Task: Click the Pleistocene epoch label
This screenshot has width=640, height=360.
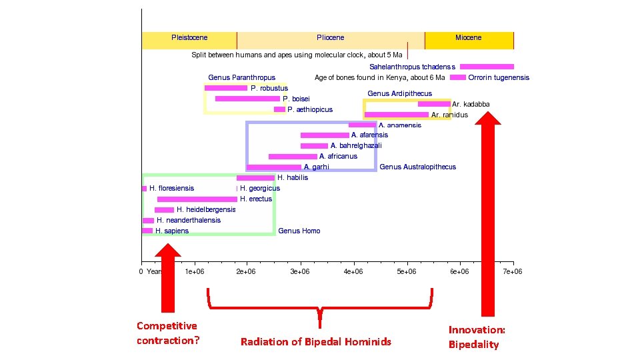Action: tap(189, 38)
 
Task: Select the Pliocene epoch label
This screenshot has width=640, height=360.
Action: tap(331, 38)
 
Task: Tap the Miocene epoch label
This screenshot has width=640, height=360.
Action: tap(468, 38)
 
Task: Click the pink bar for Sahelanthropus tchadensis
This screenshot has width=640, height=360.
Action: tap(487, 67)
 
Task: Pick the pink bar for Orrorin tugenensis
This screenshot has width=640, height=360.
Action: tap(457, 77)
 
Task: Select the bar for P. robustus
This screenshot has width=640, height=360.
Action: tap(225, 88)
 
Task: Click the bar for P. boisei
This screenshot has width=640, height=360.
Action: tap(247, 99)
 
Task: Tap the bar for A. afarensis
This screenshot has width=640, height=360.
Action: tap(324, 135)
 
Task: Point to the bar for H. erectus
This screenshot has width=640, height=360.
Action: tap(197, 199)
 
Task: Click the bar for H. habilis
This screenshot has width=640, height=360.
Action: tap(255, 178)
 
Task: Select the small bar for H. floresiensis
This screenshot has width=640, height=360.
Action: tap(144, 189)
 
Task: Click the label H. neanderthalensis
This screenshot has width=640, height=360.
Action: tap(189, 220)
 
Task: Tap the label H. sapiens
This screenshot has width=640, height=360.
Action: tap(172, 231)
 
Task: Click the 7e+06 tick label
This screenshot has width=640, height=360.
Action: tap(512, 271)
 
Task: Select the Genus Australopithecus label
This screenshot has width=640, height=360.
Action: tap(418, 167)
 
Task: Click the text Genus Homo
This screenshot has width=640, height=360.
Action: tap(299, 231)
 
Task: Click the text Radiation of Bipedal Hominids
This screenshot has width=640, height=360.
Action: tap(316, 342)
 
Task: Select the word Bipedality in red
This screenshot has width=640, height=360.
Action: tap(473, 345)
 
